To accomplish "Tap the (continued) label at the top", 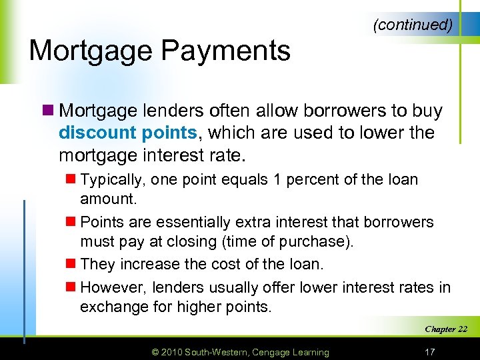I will click(413, 25).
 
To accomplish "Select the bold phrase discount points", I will click(128, 133).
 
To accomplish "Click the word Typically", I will click(113, 180).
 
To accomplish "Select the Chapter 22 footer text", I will click(445, 329).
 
